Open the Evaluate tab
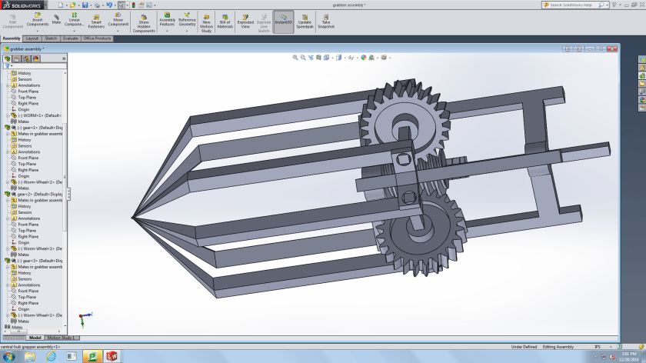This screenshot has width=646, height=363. tap(71, 38)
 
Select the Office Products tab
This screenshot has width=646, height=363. tap(98, 38)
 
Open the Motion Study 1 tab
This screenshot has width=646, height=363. tap(62, 338)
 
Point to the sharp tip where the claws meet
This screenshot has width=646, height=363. tap(134, 217)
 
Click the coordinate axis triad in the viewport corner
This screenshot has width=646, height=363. tap(84, 316)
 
